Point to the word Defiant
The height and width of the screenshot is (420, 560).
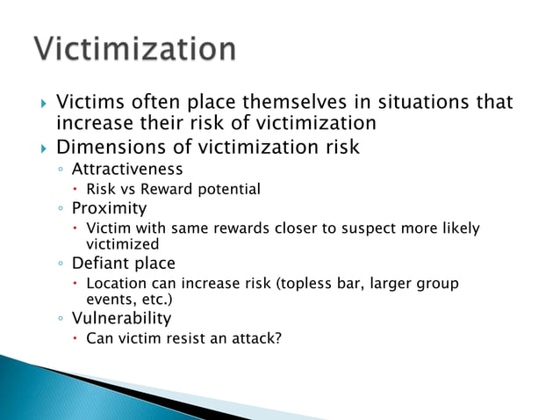[100, 263]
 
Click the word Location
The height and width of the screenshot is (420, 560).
[115, 284]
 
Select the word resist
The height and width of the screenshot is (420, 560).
[189, 338]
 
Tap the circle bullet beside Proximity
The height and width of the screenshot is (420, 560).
[60, 209]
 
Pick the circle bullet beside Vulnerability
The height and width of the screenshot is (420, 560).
[60, 318]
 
